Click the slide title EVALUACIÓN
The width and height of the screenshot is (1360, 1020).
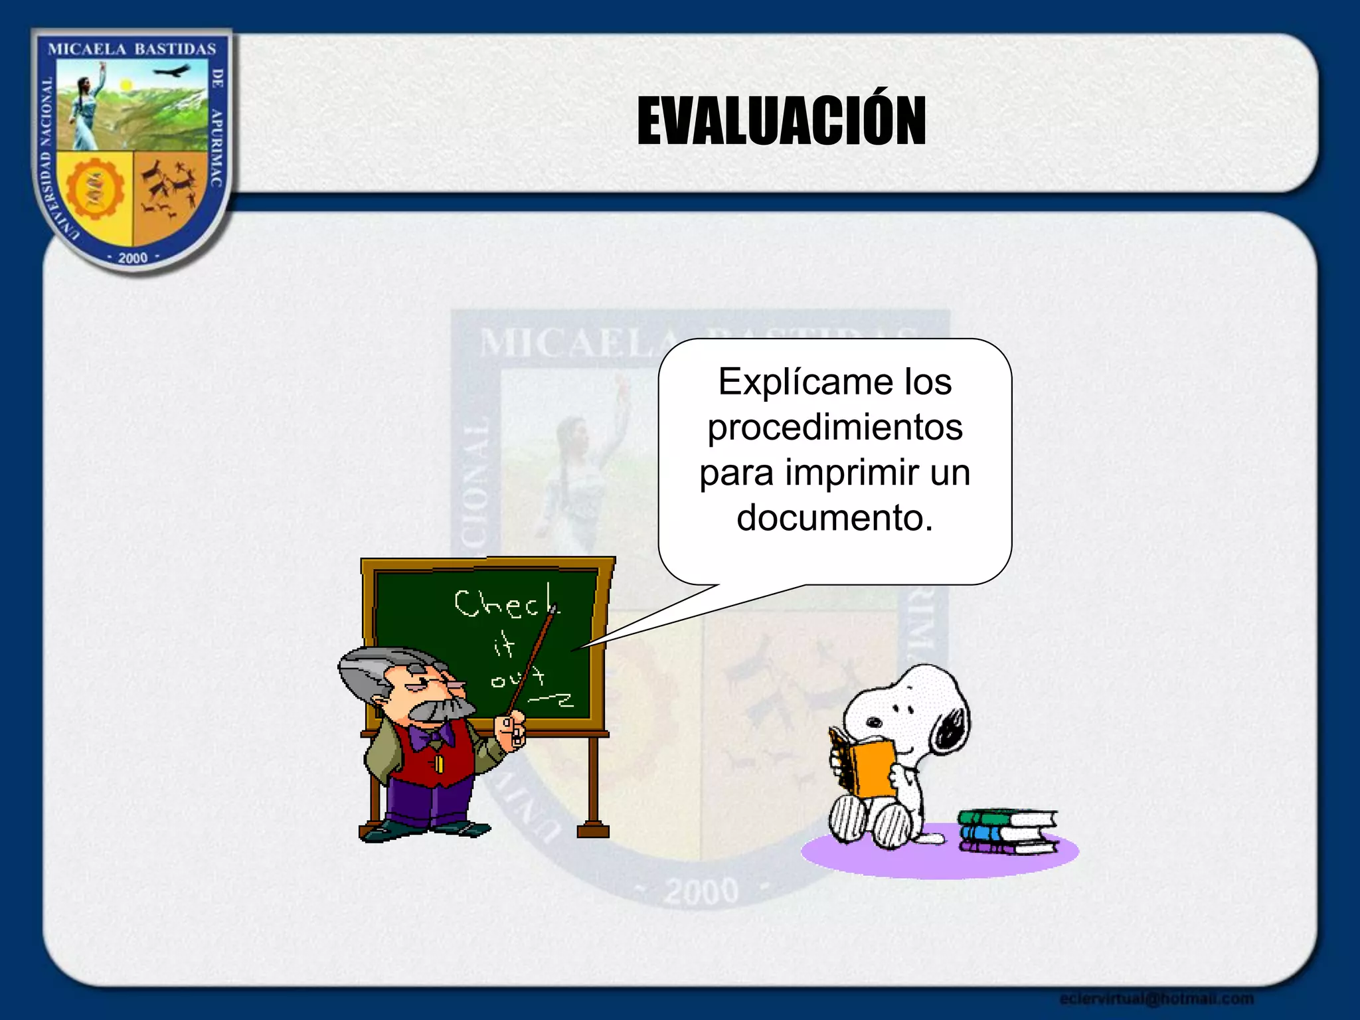781,121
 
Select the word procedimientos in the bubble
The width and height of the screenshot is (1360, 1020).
835,427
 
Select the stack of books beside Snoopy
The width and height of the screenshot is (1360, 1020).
1007,831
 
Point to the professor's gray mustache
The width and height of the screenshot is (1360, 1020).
442,709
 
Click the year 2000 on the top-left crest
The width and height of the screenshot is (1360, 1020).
132,258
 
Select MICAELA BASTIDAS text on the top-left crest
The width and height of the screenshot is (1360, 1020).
132,49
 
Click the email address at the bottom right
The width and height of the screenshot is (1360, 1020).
1156,999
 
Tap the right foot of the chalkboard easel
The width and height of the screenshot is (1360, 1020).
593,830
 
